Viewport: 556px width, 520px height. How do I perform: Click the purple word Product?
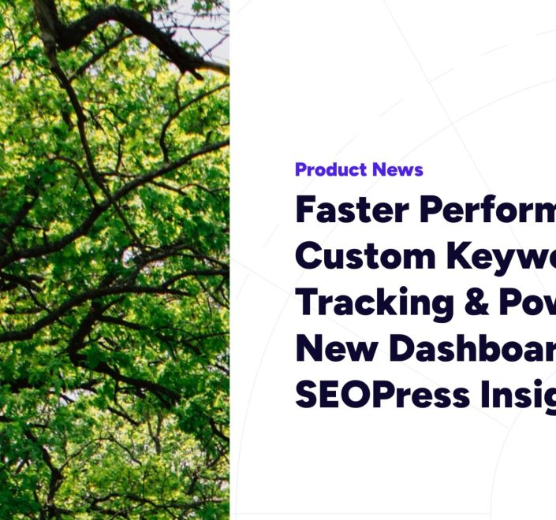click(331, 169)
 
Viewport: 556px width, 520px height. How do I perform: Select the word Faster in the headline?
click(352, 210)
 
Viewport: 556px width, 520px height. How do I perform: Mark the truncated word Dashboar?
click(473, 347)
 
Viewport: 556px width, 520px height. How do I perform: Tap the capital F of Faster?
click(308, 210)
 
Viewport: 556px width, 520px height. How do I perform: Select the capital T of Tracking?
click(308, 302)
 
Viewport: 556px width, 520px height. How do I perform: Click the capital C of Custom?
click(310, 256)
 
